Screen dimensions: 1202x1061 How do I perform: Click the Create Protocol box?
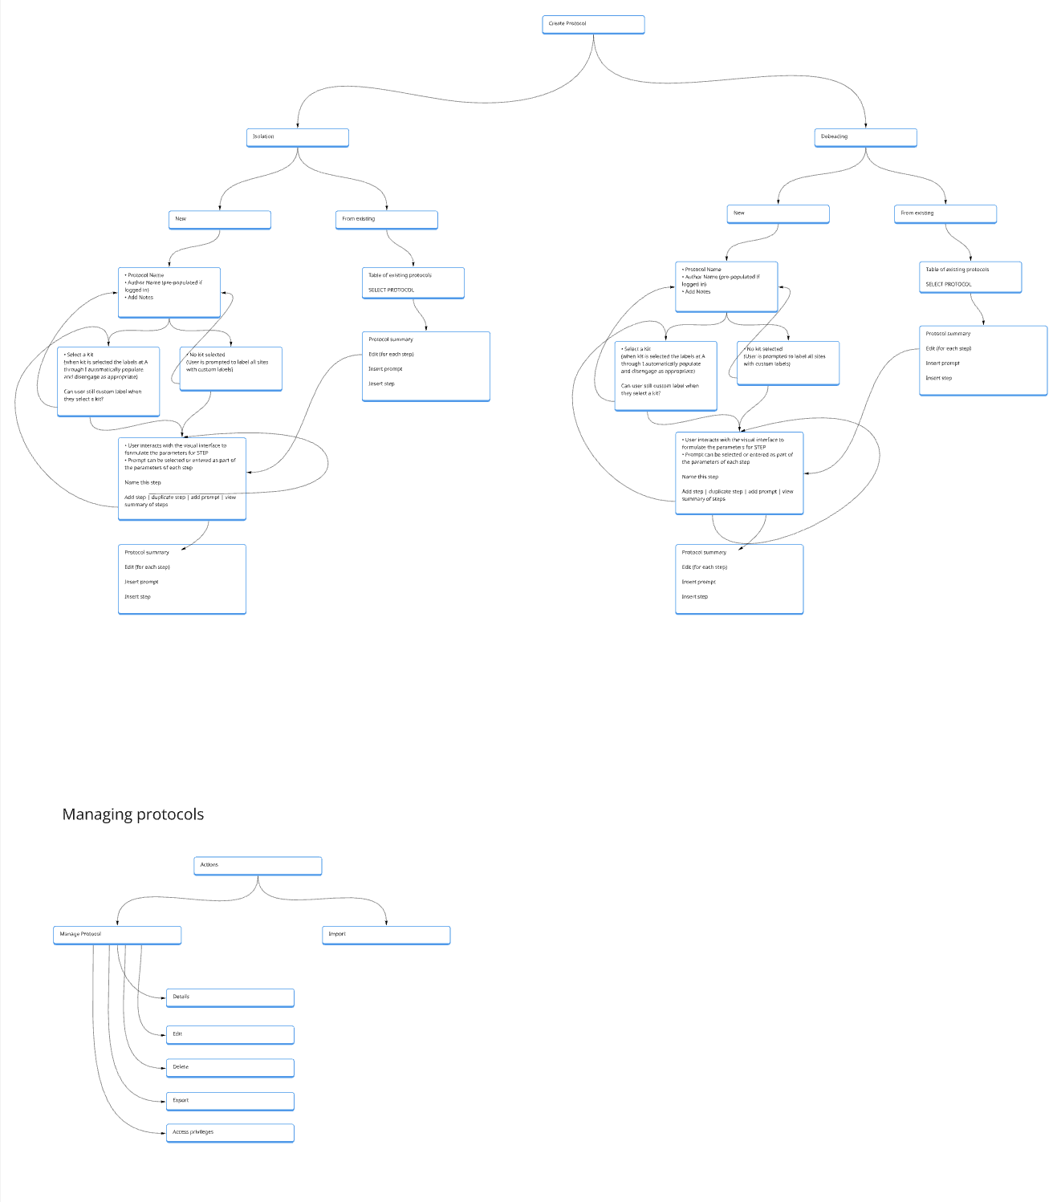[593, 24]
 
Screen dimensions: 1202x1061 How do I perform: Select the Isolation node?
[297, 137]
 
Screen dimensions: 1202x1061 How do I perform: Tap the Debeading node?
[865, 137]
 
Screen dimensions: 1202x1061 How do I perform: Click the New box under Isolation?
[219, 219]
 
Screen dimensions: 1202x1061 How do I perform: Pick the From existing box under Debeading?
[945, 213]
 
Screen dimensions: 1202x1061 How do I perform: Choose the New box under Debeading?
[778, 213]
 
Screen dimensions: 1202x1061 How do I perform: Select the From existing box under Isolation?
[386, 219]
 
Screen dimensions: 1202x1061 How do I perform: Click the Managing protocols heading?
[133, 814]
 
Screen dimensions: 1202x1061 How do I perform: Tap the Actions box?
[258, 865]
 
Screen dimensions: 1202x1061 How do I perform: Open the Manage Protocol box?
[117, 935]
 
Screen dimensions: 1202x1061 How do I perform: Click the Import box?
[386, 935]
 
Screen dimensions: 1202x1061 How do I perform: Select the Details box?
[230, 997]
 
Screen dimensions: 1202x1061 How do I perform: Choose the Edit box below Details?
[230, 1034]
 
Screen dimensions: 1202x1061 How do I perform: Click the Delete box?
[230, 1067]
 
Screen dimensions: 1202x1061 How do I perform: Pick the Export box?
[230, 1101]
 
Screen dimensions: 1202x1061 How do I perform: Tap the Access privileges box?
[230, 1132]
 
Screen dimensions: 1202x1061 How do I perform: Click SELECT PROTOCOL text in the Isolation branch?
[392, 290]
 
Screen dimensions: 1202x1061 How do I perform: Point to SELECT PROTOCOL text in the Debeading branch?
[949, 285]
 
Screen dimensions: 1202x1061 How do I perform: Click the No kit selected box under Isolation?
[230, 368]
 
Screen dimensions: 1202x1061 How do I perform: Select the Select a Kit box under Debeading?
[665, 376]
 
